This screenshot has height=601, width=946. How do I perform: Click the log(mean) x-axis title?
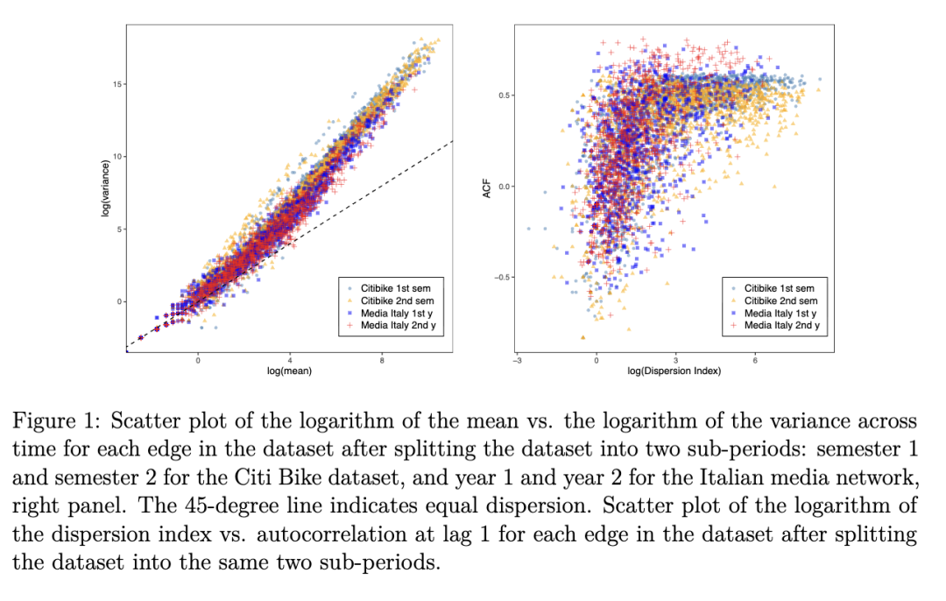(x=290, y=371)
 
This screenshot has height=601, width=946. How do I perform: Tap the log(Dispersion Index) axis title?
(x=675, y=371)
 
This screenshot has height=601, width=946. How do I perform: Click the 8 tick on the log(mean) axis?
(x=382, y=359)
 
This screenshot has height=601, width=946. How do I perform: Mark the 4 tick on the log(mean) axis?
(x=290, y=359)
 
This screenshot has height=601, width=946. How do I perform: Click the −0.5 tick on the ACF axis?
(x=502, y=278)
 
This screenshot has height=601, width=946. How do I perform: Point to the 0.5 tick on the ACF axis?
(x=505, y=95)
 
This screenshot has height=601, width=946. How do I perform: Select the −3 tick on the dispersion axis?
(x=518, y=359)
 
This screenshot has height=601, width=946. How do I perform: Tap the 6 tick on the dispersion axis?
(x=755, y=359)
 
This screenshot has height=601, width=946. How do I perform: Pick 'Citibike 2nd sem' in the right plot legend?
(x=779, y=300)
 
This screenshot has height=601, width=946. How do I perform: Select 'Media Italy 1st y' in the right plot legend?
(x=780, y=313)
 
